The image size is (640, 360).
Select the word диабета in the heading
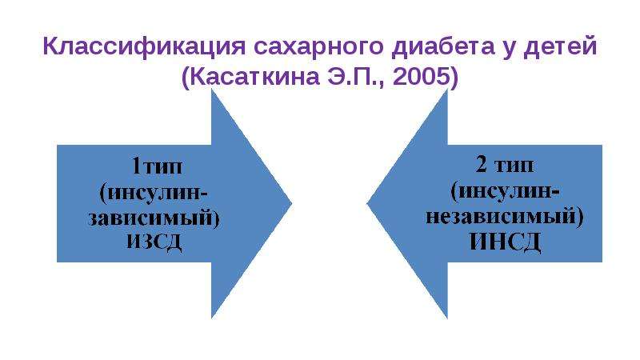tap(443, 46)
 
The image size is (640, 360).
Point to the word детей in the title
tap(561, 46)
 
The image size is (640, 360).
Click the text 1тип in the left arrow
tap(157, 166)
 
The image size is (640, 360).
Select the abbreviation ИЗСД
tap(154, 242)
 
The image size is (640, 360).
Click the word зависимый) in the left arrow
tap(154, 218)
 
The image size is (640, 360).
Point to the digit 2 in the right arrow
tap(482, 165)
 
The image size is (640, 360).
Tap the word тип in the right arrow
tap(514, 166)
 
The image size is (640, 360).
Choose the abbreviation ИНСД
tap(505, 242)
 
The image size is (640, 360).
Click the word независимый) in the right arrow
tap(505, 216)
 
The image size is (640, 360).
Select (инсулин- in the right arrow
tap(505, 190)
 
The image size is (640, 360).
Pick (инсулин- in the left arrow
tap(154, 192)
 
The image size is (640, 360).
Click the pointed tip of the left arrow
tap(292, 203)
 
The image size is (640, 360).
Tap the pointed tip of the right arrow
tap(367, 203)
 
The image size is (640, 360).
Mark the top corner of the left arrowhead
tap(211, 89)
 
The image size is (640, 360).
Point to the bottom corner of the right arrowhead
tap(448, 318)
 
